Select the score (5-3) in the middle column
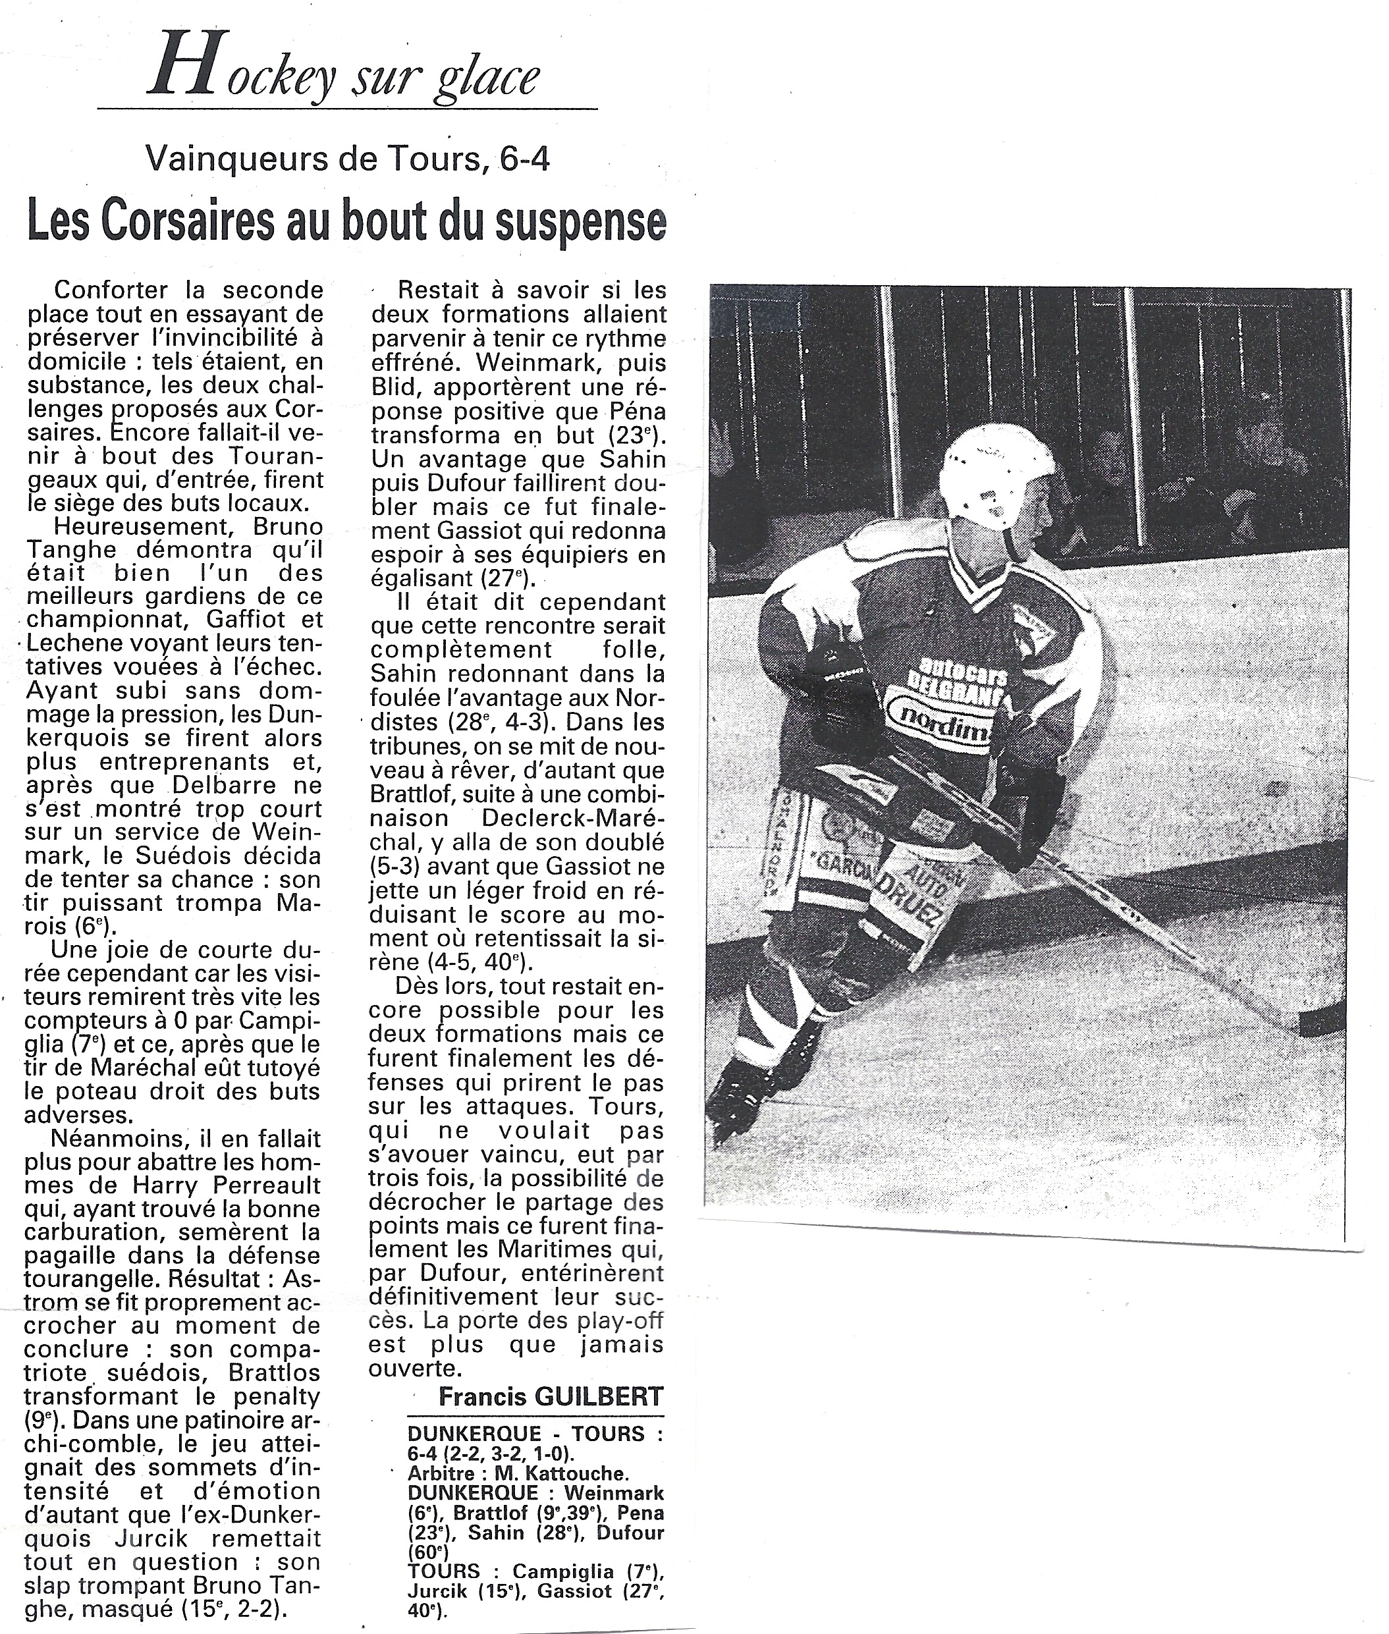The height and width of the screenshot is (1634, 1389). point(398,866)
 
